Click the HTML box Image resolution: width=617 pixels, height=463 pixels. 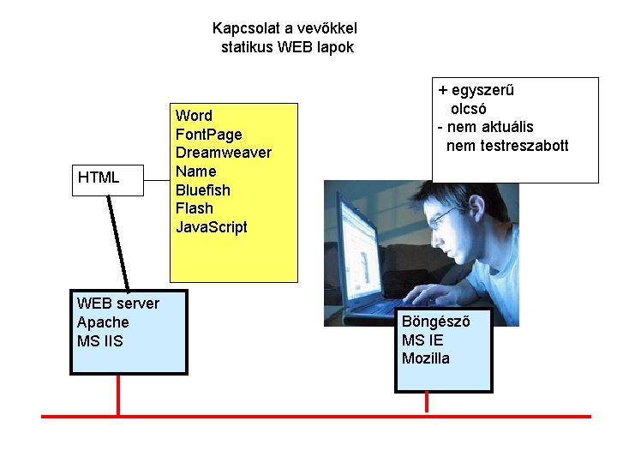(x=107, y=178)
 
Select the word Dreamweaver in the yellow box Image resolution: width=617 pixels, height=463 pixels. (x=223, y=153)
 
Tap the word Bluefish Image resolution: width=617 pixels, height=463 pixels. (x=202, y=189)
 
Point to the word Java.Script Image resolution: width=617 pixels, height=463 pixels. (x=211, y=227)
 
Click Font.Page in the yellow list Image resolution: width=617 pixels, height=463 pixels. (x=208, y=134)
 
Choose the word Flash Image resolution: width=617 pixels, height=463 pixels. (x=194, y=208)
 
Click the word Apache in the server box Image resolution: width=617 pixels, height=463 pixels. (x=103, y=322)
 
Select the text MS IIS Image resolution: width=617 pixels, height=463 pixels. (x=99, y=341)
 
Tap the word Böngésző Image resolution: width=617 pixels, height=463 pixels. (x=435, y=321)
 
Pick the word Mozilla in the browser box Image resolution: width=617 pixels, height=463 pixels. (x=425, y=358)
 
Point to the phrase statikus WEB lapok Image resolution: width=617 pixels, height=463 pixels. (x=286, y=47)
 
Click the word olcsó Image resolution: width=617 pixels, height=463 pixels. (x=469, y=109)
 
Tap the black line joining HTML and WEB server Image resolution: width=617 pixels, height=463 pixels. (x=119, y=244)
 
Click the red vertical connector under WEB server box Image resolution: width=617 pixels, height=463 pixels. (x=118, y=395)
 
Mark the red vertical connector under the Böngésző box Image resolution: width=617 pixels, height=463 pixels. (x=428, y=404)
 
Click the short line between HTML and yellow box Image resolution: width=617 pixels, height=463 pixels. (x=156, y=178)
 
